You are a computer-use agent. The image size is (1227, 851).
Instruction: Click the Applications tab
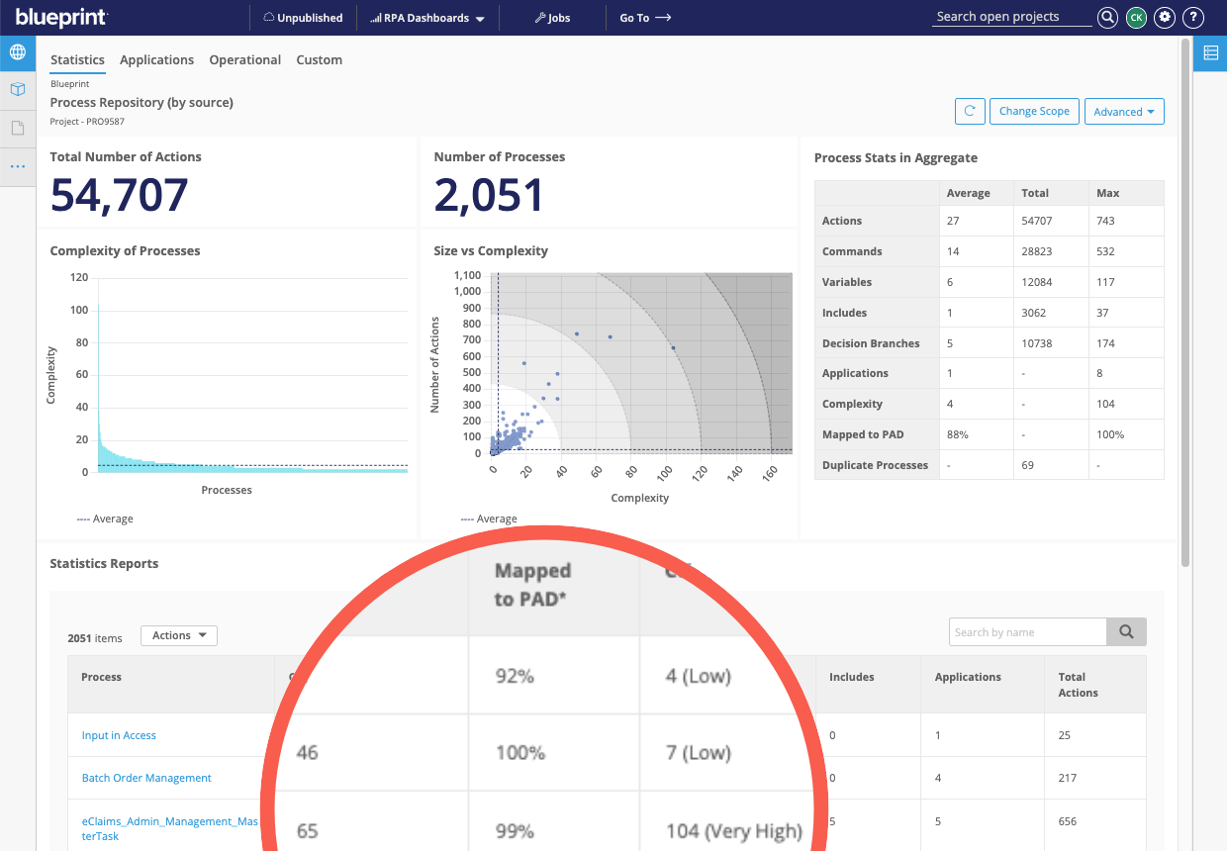[156, 59]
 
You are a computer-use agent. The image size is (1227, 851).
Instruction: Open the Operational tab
[245, 59]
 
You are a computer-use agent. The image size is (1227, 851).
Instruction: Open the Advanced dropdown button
[1124, 112]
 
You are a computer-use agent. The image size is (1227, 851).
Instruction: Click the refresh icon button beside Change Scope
[970, 112]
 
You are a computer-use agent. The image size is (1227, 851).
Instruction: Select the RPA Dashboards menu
[426, 18]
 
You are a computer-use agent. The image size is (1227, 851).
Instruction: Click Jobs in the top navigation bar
[552, 18]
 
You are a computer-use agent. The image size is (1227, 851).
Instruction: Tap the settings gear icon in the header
[1165, 17]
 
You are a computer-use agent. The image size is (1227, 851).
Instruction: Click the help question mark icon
[1193, 17]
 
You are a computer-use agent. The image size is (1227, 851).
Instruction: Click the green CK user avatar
[1136, 17]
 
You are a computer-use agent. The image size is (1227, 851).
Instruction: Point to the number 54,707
[119, 196]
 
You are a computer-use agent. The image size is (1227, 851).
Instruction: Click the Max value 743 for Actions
[1105, 221]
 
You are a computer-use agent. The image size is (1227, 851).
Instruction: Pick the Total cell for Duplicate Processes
[1028, 465]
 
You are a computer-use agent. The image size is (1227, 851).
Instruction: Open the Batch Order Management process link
[146, 778]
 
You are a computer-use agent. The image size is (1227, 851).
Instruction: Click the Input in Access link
[119, 735]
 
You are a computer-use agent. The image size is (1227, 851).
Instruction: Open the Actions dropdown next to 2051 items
[179, 635]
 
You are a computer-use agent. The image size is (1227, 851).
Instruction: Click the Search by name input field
[1027, 632]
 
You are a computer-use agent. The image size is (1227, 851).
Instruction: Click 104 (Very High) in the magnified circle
[732, 830]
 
